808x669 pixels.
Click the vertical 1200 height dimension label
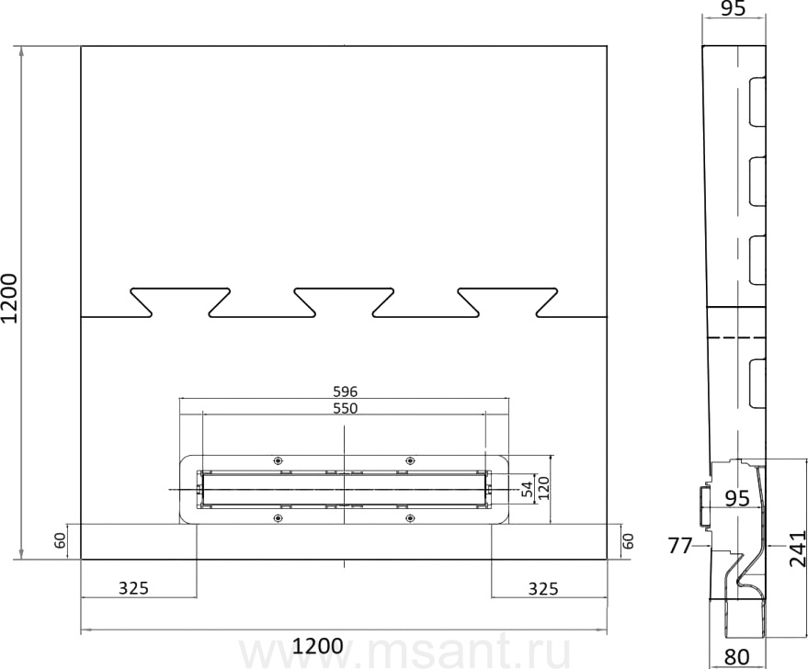(x=10, y=299)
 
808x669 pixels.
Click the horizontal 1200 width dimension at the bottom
(x=317, y=646)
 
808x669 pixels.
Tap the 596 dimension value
(x=346, y=391)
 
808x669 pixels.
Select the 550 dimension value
(x=346, y=408)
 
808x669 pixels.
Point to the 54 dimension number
(x=526, y=489)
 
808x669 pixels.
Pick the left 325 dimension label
(x=133, y=587)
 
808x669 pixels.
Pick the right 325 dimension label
(x=543, y=588)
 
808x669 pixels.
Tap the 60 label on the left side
(x=61, y=540)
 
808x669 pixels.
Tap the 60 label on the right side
(x=628, y=540)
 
